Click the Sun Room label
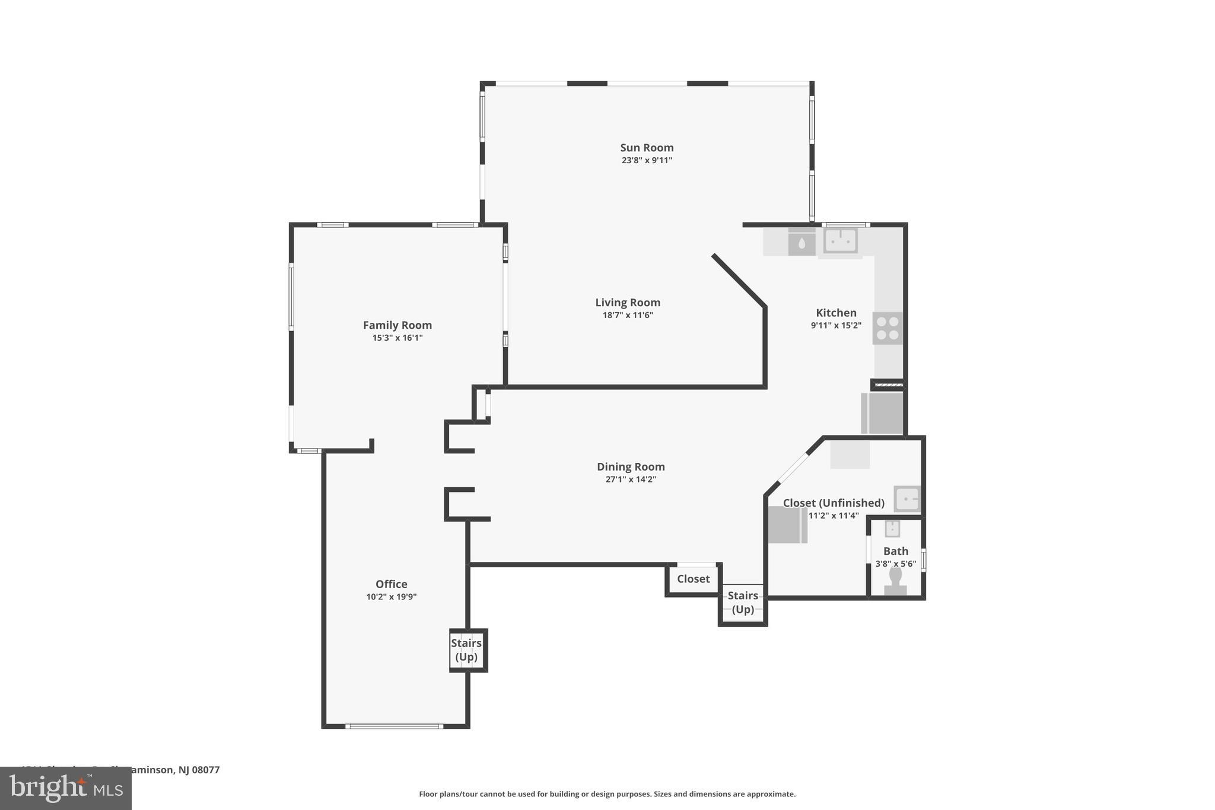click(647, 148)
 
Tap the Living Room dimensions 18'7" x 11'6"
click(628, 315)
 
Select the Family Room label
click(397, 325)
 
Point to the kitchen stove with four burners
click(888, 328)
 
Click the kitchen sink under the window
click(840, 241)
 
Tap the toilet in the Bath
click(895, 580)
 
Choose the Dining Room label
click(631, 467)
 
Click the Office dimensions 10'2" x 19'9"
click(391, 597)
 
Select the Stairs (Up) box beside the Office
click(467, 650)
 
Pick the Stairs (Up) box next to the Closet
click(743, 603)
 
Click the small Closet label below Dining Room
click(693, 579)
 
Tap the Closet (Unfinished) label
click(833, 503)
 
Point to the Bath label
click(895, 551)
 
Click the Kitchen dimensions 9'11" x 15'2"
click(836, 326)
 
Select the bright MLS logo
click(66, 788)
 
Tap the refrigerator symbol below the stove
click(882, 413)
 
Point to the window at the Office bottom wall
click(394, 726)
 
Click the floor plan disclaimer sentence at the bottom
click(607, 794)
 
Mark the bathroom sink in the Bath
click(892, 528)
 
